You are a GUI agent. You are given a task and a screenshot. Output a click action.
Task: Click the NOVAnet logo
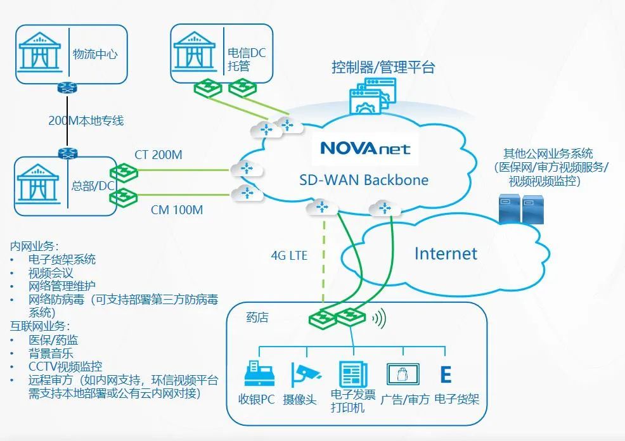point(365,148)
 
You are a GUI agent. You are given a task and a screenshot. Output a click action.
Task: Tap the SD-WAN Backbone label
point(363,179)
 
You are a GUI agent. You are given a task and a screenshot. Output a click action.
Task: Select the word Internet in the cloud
point(445,254)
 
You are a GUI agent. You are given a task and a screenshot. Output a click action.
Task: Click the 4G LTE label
point(289,255)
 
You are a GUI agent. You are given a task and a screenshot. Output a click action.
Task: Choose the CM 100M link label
point(177,209)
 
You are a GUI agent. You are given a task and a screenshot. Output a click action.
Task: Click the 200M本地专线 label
point(86,120)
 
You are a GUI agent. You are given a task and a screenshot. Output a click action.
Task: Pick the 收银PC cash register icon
point(259,374)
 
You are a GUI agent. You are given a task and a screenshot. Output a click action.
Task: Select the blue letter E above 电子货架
point(446,374)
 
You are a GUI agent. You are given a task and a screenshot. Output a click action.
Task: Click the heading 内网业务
point(34,245)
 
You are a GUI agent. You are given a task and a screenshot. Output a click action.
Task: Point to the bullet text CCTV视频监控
point(65,367)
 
